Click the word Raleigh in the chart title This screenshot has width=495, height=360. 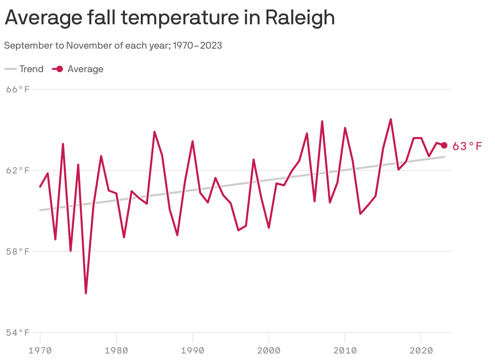pyautogui.click(x=300, y=17)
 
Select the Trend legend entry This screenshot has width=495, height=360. pyautogui.click(x=24, y=69)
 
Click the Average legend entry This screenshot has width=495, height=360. pyautogui.click(x=78, y=69)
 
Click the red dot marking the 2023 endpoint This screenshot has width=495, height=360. pyautogui.click(x=444, y=145)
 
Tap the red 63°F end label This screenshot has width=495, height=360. pyautogui.click(x=467, y=146)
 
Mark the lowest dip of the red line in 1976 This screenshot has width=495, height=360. pyautogui.click(x=86, y=293)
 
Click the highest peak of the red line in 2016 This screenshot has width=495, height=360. pyautogui.click(x=391, y=119)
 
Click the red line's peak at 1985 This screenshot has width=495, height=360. pyautogui.click(x=155, y=132)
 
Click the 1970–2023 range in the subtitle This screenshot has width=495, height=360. pyautogui.click(x=197, y=45)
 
